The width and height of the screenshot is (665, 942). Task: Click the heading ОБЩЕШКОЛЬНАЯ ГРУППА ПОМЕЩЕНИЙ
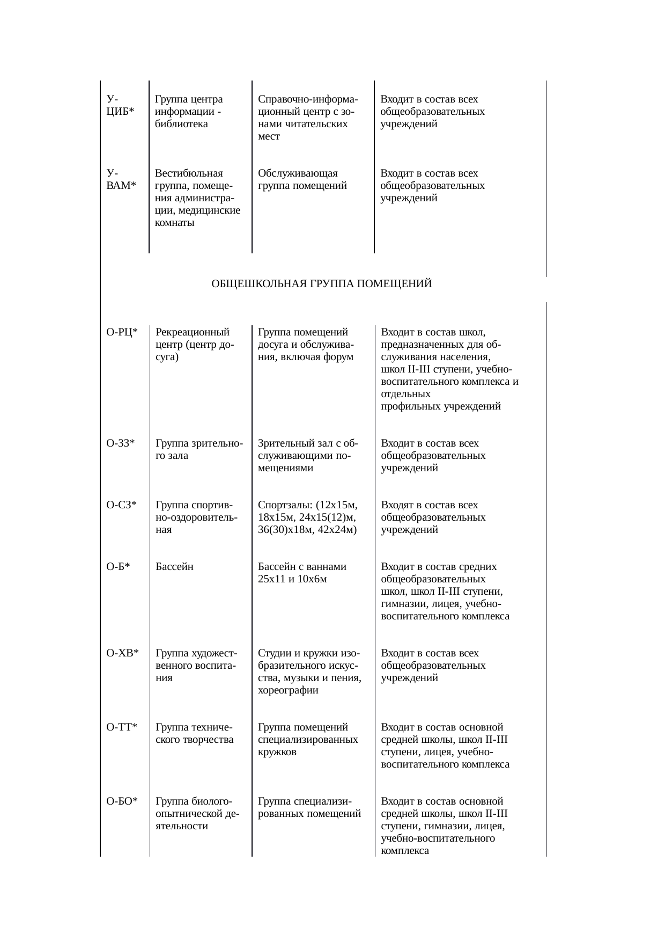click(322, 283)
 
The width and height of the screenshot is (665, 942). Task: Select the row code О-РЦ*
click(122, 332)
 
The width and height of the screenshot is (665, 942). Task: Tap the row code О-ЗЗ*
click(121, 443)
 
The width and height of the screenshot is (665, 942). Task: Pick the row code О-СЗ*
click(122, 505)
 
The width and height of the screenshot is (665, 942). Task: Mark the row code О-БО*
click(122, 801)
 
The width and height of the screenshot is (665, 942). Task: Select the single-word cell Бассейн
click(174, 567)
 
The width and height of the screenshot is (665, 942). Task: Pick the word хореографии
click(288, 690)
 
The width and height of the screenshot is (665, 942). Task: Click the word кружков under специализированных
click(277, 752)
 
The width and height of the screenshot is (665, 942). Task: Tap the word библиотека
click(181, 124)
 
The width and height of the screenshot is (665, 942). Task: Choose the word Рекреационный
click(193, 332)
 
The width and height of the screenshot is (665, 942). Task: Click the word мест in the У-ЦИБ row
click(269, 136)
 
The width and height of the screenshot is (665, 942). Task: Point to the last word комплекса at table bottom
click(405, 851)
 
